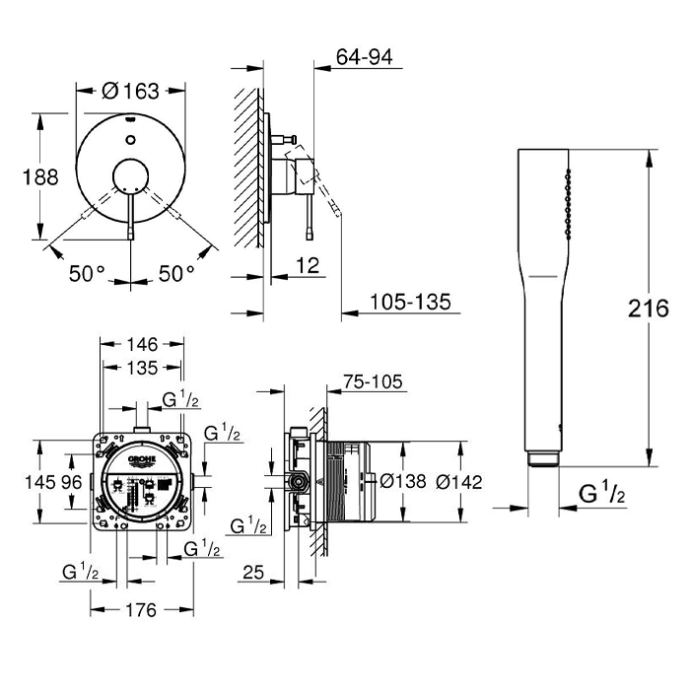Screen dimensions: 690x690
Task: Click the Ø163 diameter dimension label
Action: click(x=130, y=91)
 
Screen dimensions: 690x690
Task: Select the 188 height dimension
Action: click(x=40, y=177)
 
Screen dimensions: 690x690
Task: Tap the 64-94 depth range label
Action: click(x=364, y=57)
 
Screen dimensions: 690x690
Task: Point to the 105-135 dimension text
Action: click(x=410, y=302)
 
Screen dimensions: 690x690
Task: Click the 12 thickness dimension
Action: click(x=308, y=265)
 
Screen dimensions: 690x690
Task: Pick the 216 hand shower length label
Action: click(x=649, y=309)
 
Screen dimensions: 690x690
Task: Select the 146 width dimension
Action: click(x=142, y=344)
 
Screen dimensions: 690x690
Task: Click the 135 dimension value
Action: click(x=142, y=368)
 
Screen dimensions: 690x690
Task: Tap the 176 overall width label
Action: click(x=141, y=610)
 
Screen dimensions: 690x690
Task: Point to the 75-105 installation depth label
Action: click(x=374, y=381)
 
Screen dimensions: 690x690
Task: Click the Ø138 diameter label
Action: click(x=402, y=481)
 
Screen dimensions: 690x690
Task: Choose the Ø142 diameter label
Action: click(x=459, y=482)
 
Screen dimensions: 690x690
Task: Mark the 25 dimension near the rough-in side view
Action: click(x=253, y=572)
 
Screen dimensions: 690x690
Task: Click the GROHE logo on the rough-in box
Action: click(x=142, y=460)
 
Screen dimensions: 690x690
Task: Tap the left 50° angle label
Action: click(x=87, y=274)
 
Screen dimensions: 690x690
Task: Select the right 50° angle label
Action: click(x=176, y=274)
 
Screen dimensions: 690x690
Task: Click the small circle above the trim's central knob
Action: click(x=130, y=140)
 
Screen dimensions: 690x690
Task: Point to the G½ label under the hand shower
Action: click(x=601, y=493)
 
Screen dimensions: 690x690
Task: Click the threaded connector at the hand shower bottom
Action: click(x=543, y=458)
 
